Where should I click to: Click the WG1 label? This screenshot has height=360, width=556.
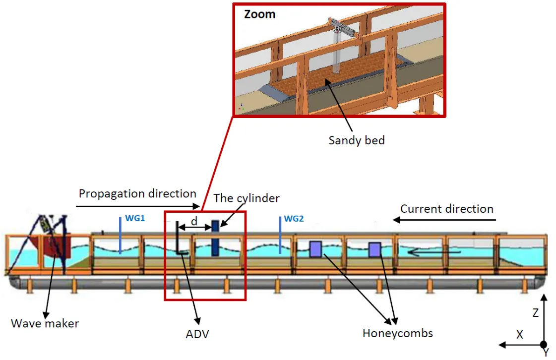click(135, 218)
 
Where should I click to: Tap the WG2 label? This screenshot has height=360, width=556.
click(294, 219)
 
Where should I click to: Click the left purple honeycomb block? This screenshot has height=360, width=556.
click(315, 249)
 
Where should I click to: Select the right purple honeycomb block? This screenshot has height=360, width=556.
click(374, 249)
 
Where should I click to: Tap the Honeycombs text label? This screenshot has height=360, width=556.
click(397, 333)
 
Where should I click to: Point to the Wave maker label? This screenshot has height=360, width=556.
click(45, 324)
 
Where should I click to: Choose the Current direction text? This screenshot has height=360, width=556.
click(447, 209)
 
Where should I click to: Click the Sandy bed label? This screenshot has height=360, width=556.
click(356, 140)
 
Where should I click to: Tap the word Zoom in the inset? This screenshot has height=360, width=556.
click(259, 14)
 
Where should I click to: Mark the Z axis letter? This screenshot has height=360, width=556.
click(535, 313)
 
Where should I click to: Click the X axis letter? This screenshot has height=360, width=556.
click(520, 335)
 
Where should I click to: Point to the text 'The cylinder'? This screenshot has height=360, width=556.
click(247, 198)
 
